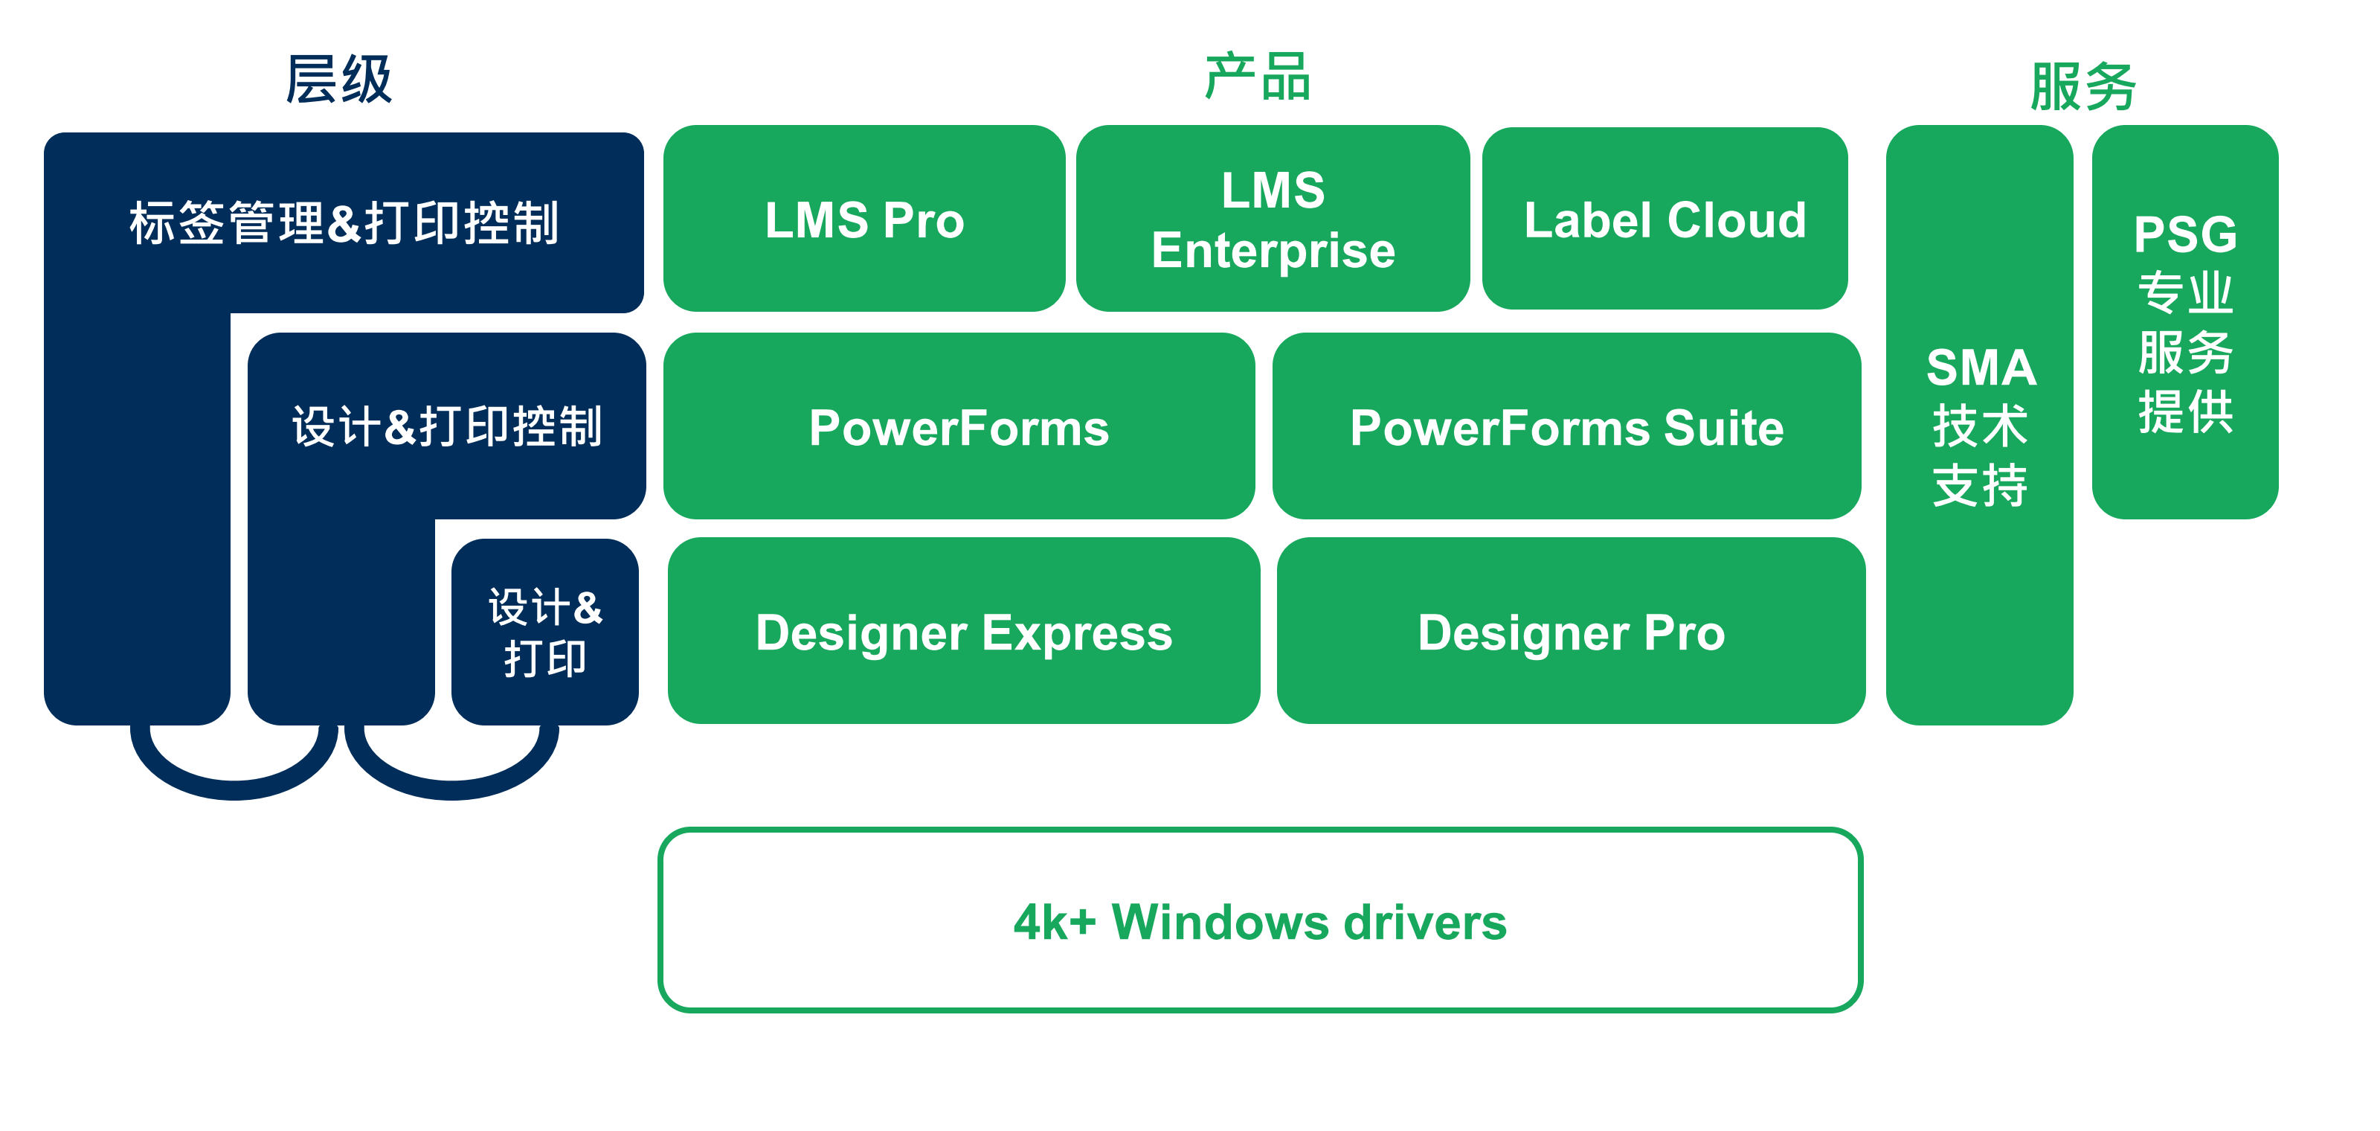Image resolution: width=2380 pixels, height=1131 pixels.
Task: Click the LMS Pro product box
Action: click(863, 219)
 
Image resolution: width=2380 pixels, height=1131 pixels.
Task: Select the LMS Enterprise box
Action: click(1273, 219)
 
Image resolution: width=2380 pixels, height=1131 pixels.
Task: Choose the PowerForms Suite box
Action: click(1566, 427)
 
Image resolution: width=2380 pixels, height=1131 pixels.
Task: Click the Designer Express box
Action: click(964, 632)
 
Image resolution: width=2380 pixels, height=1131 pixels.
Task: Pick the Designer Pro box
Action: click(1571, 632)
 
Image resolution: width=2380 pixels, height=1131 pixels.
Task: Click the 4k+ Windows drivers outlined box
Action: click(1259, 920)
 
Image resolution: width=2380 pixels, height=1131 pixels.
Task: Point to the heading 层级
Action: click(339, 80)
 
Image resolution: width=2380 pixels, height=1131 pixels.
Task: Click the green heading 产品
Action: click(1258, 77)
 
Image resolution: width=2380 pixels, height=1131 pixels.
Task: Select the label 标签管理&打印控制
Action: click(344, 222)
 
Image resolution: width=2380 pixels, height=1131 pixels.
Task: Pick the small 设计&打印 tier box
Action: click(545, 632)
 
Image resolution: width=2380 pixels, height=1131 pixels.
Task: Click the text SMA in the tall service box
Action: click(1981, 368)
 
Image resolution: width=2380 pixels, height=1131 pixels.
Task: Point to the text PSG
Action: click(2185, 234)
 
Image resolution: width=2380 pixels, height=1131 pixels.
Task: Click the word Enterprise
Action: click(1273, 251)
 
